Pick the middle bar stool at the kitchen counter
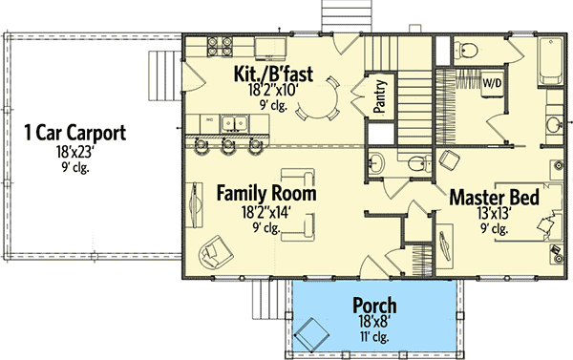click(x=228, y=146)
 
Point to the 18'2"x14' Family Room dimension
click(x=265, y=212)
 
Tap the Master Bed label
click(x=494, y=199)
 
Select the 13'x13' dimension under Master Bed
click(x=494, y=215)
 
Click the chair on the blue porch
click(x=310, y=335)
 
